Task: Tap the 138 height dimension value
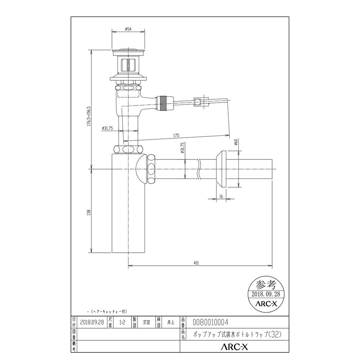(x=89, y=212)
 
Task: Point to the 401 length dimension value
(x=196, y=263)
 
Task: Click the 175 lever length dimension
(x=176, y=136)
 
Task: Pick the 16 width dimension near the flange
(x=221, y=197)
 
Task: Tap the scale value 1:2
(x=123, y=323)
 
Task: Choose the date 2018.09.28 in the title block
(x=92, y=323)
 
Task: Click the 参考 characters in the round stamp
(x=267, y=284)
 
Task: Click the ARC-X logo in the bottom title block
(x=234, y=347)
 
